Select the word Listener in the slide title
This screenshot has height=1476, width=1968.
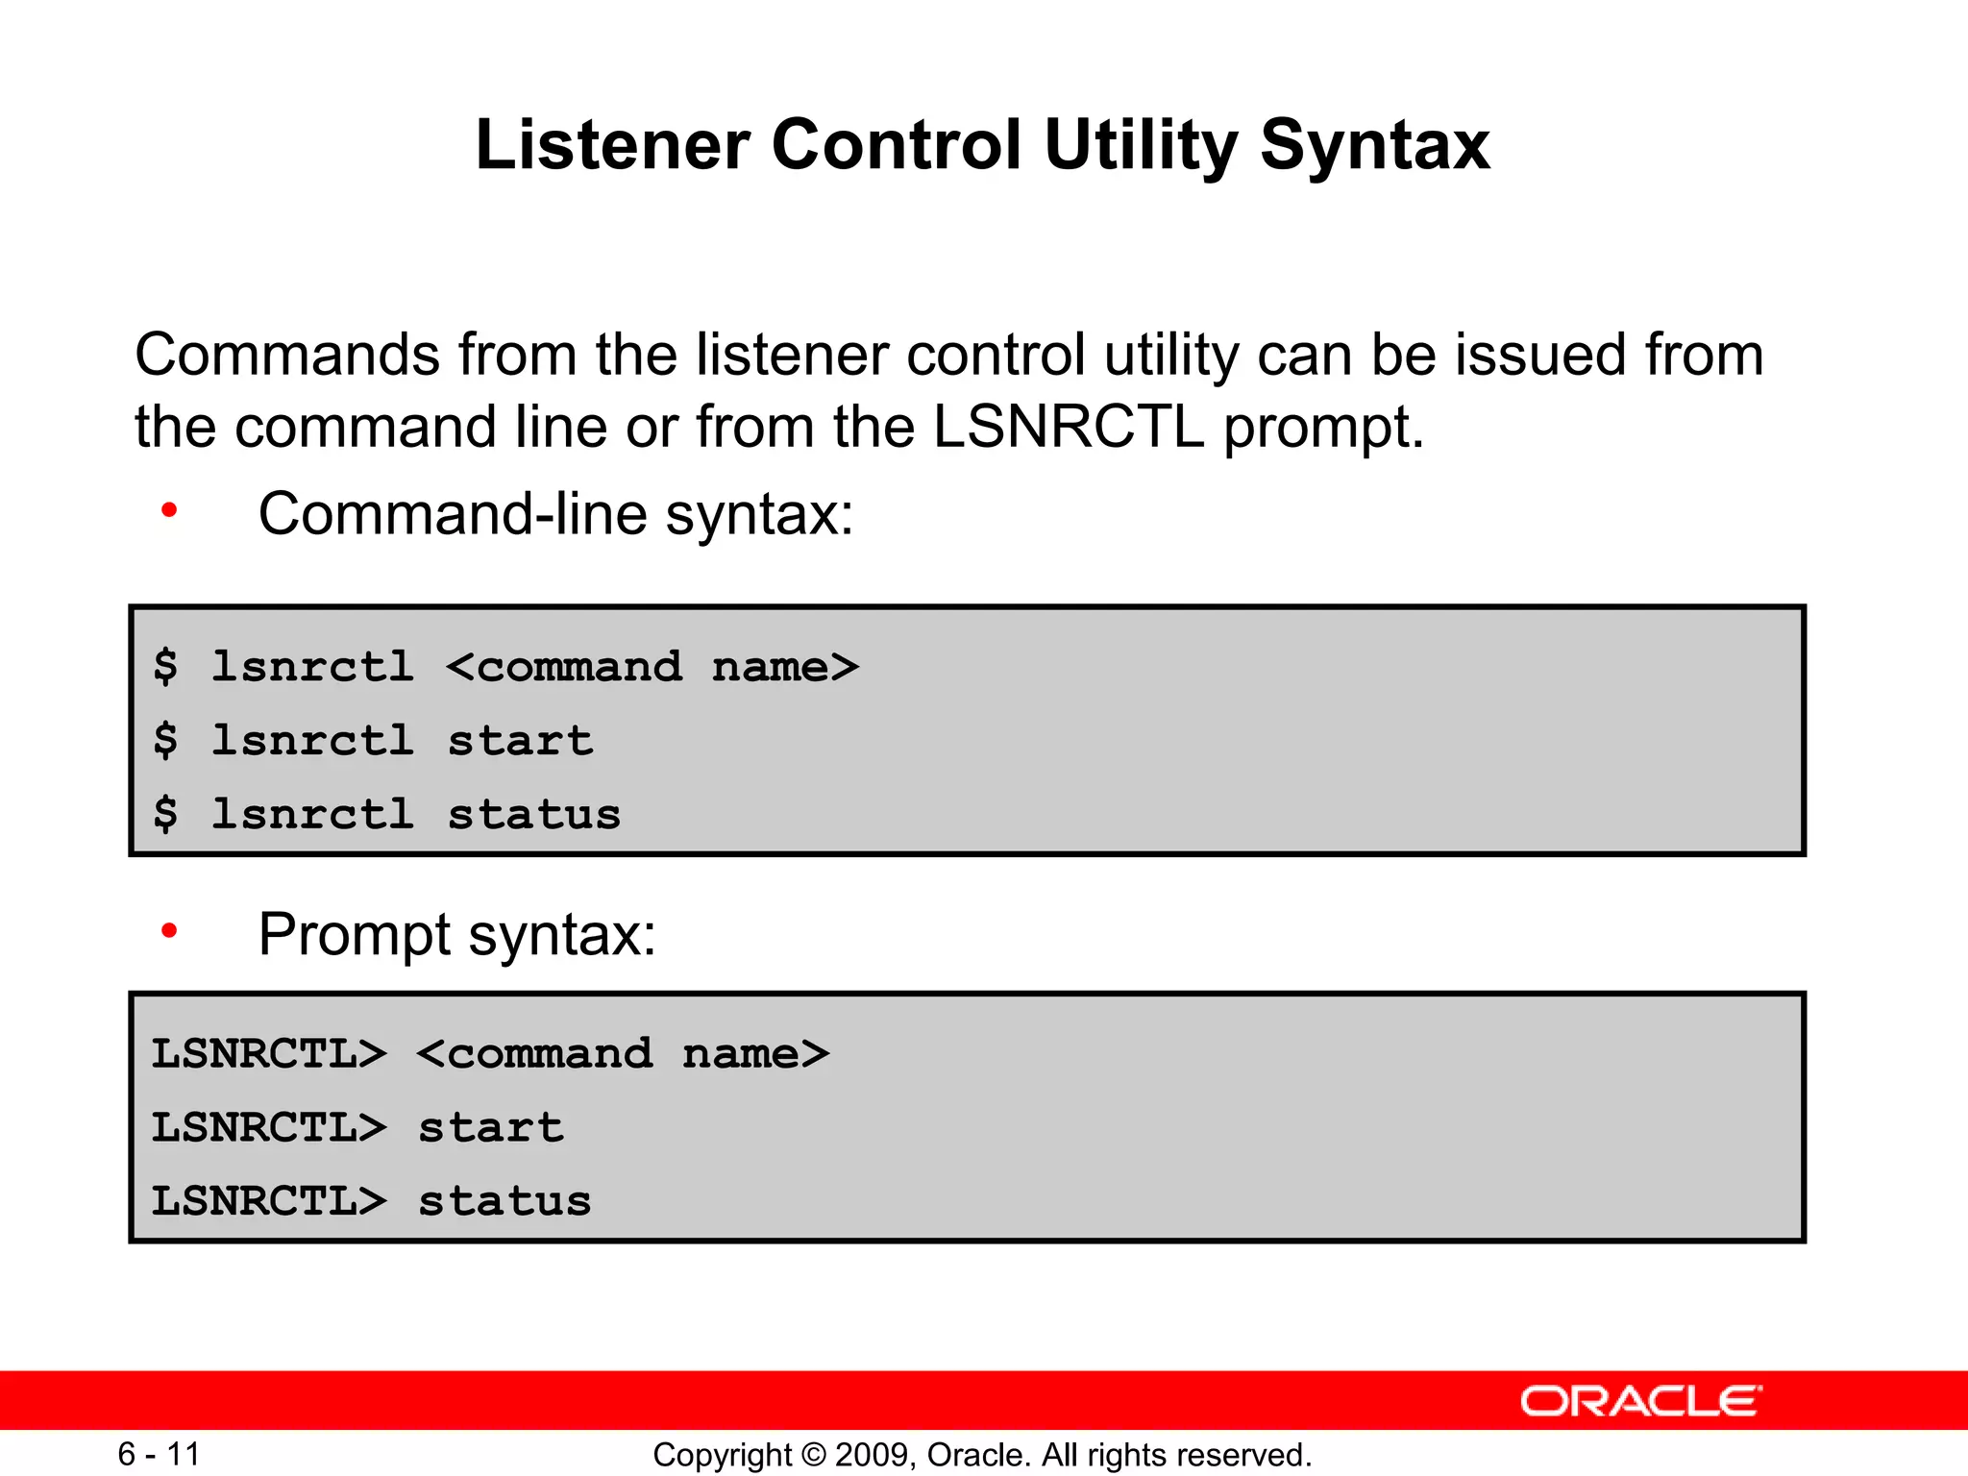point(612,146)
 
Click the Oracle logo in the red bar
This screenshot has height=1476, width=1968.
point(1640,1401)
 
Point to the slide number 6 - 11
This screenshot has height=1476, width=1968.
point(159,1454)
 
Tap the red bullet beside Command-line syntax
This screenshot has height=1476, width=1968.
point(169,510)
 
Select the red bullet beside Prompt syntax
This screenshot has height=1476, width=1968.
point(169,930)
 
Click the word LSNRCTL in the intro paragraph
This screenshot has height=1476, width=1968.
point(1068,427)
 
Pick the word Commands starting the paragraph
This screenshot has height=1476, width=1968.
point(287,355)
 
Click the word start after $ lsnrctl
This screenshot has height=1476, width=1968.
point(520,741)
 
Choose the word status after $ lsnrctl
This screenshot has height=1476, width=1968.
point(534,815)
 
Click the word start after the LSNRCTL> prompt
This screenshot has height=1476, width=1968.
point(491,1128)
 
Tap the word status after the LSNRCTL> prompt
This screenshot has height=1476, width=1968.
point(504,1202)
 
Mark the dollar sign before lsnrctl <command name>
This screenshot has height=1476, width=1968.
point(165,667)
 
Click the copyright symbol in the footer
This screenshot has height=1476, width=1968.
point(813,1455)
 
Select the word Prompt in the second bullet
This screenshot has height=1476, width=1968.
point(355,934)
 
